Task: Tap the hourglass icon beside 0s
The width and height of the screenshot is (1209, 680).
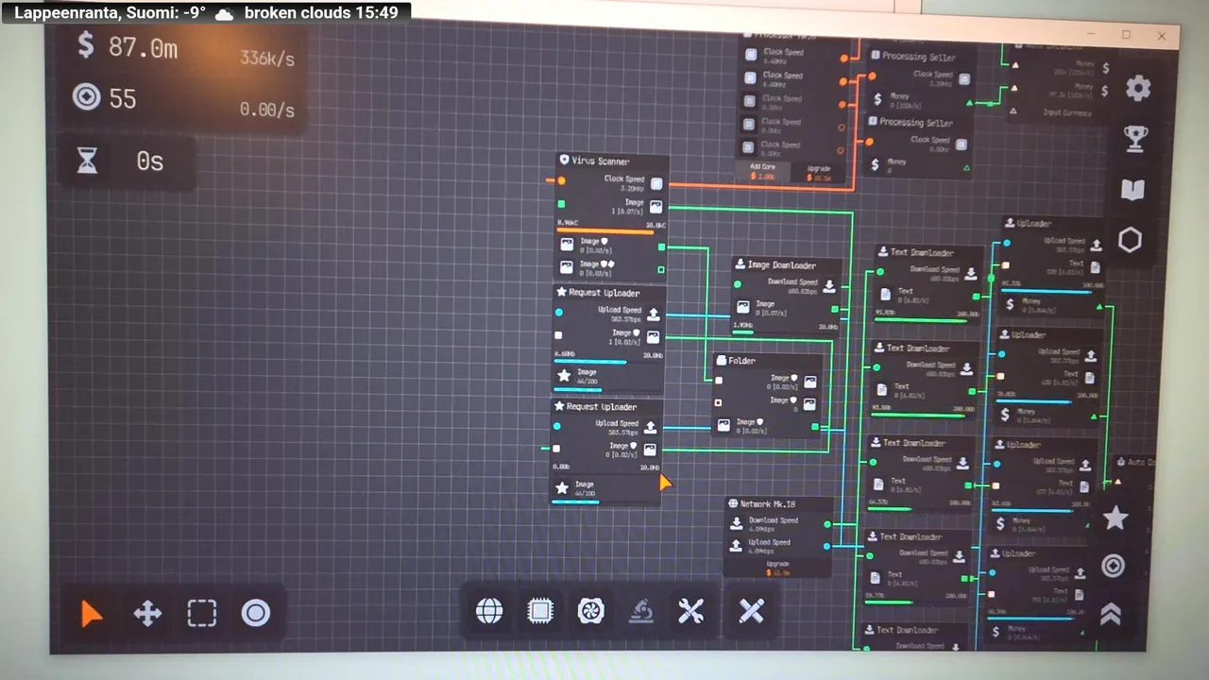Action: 87,161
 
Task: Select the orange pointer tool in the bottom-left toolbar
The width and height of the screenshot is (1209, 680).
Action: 92,614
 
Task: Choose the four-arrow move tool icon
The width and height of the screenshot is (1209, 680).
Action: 147,614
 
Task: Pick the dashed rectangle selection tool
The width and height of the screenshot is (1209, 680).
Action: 201,614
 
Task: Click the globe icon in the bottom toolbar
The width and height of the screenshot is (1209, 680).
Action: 489,611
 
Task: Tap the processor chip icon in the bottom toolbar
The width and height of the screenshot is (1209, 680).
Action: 540,611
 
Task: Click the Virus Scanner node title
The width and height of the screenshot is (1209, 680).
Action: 600,161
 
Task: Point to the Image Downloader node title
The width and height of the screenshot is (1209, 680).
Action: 781,265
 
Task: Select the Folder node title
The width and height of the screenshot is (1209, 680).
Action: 741,361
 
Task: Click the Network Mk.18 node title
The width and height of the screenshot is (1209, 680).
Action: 767,504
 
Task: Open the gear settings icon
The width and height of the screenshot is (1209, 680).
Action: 1138,89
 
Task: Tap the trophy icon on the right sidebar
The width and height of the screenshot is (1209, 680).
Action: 1135,139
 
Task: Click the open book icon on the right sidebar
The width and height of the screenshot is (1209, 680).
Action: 1132,190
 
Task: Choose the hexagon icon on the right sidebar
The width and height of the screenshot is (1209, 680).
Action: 1130,240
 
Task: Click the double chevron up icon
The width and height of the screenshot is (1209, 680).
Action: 1111,615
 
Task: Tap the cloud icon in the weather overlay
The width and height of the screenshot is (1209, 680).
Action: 225,14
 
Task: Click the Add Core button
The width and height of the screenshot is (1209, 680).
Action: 763,171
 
